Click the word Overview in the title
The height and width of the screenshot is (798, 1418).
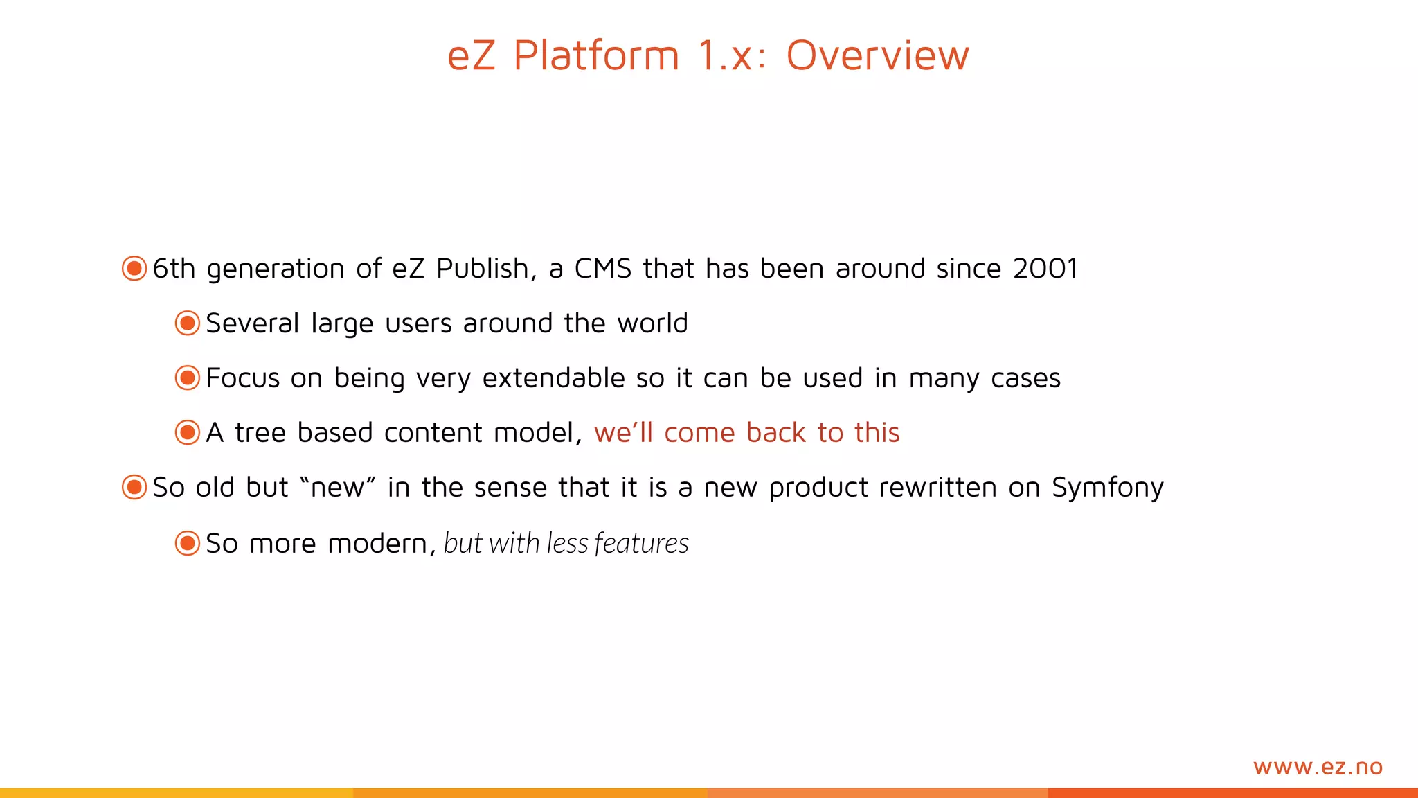click(x=877, y=55)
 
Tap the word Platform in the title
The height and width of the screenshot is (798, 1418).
click(x=596, y=55)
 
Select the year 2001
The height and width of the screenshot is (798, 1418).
click(x=1045, y=269)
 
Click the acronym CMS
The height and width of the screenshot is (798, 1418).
click(x=603, y=269)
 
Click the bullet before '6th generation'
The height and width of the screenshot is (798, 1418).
click(x=134, y=268)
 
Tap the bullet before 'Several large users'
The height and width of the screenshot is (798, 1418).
click(x=188, y=323)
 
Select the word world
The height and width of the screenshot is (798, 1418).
click(x=652, y=323)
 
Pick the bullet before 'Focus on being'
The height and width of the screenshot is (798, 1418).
click(x=188, y=378)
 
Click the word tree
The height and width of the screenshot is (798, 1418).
click(x=260, y=433)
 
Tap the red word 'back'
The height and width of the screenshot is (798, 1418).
click(x=776, y=433)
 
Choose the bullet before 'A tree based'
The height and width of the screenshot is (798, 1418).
click(x=188, y=432)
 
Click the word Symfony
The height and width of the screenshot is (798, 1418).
click(x=1108, y=488)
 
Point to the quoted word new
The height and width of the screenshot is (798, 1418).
click(x=338, y=488)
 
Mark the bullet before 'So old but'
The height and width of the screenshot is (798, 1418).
click(x=134, y=487)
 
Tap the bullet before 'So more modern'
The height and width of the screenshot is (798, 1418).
click(x=188, y=543)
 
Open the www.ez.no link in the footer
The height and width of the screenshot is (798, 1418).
click(x=1318, y=767)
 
